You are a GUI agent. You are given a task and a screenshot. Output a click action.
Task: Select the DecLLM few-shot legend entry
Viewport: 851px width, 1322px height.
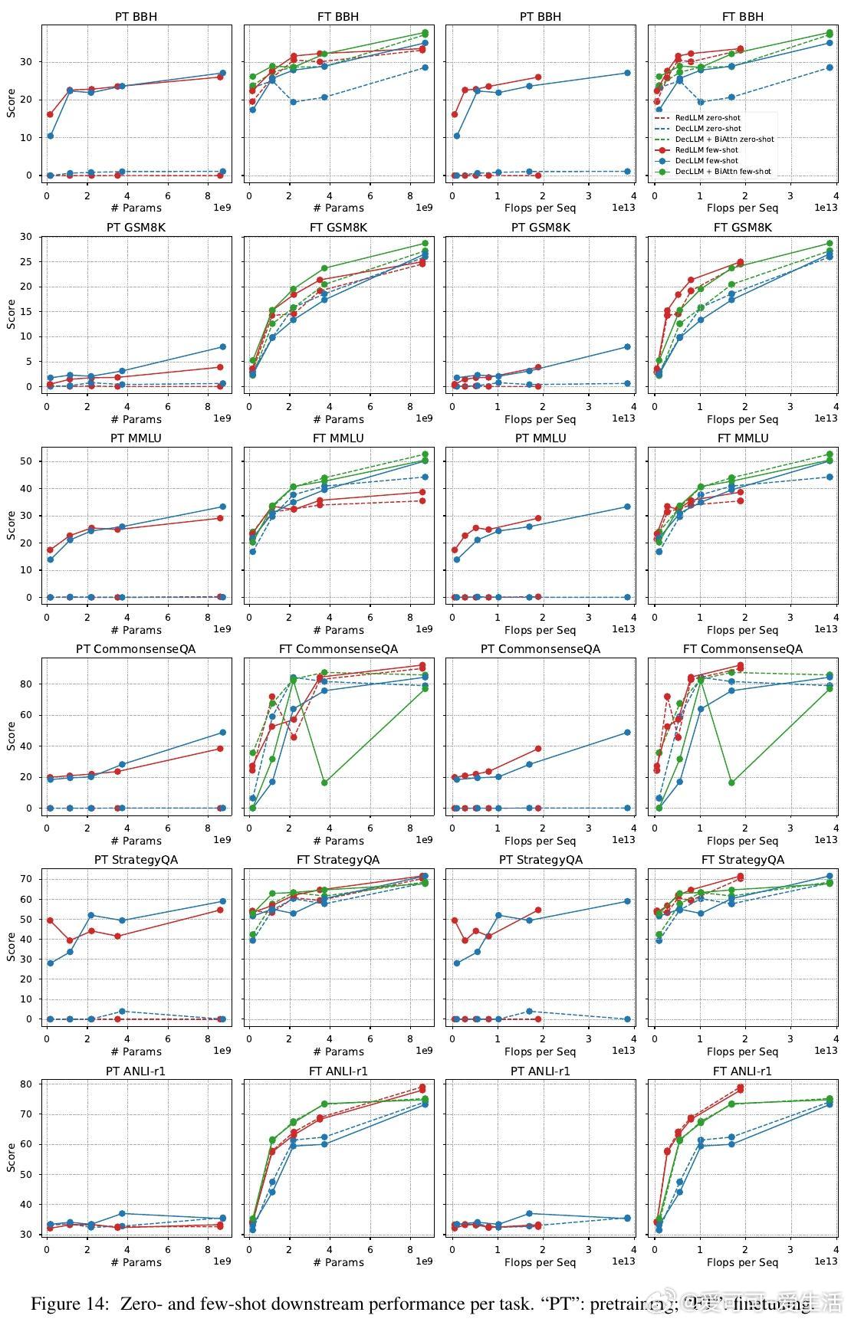click(x=706, y=161)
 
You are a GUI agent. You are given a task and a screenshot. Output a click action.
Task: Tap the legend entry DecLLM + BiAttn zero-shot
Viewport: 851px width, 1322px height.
click(x=724, y=139)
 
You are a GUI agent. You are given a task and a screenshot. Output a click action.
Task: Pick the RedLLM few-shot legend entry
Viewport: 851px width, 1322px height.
click(x=706, y=150)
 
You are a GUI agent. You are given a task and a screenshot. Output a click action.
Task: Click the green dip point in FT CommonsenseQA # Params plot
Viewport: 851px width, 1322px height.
click(x=324, y=782)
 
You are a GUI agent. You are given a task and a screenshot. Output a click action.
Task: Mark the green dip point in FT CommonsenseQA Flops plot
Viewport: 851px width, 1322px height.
click(x=731, y=782)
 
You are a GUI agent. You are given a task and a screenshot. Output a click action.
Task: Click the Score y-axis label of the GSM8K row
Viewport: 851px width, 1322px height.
click(x=11, y=314)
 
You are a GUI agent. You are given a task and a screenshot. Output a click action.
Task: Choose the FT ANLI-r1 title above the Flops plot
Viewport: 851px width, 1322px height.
click(x=742, y=1071)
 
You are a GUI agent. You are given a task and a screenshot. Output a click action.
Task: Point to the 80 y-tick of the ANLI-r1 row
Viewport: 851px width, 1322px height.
click(x=31, y=1084)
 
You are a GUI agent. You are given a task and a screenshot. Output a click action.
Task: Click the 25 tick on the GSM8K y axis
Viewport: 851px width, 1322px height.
click(x=31, y=261)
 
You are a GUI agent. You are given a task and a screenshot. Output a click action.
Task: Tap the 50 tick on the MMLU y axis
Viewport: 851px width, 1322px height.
click(x=31, y=461)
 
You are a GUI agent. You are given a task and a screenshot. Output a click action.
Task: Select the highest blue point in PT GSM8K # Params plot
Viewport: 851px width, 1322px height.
click(x=222, y=347)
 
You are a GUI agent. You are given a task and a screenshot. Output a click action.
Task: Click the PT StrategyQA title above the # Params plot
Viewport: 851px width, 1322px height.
click(x=136, y=860)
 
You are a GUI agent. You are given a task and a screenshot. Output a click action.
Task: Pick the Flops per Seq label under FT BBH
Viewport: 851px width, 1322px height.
click(x=742, y=208)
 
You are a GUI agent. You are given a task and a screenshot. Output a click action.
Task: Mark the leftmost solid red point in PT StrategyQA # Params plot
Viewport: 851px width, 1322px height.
click(x=50, y=920)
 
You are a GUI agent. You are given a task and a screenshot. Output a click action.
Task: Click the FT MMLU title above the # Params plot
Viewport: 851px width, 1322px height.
click(x=338, y=438)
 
